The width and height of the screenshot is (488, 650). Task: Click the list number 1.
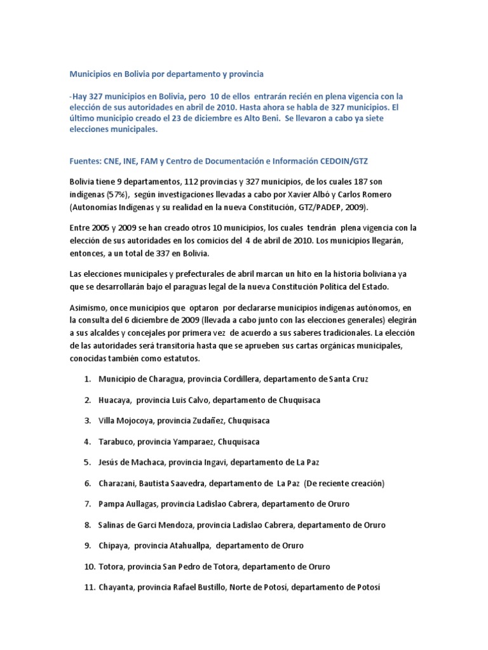tap(86, 379)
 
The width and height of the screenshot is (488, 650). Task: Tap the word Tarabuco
tap(116, 441)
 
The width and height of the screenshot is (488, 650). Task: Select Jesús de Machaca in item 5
tap(129, 462)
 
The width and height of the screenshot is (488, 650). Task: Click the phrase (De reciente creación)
tap(344, 483)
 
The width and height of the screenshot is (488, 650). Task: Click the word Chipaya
tap(114, 545)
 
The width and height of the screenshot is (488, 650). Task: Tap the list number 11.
tap(88, 587)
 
